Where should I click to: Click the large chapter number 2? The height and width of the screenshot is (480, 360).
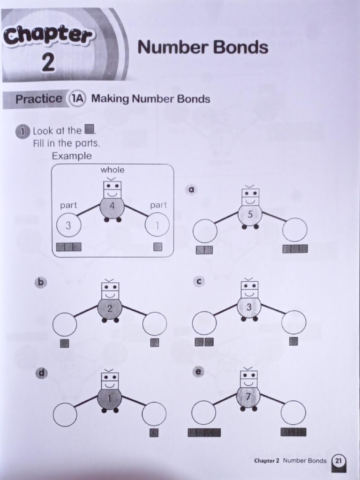pos(47,63)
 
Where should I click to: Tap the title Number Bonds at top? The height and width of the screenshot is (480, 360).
pos(202,47)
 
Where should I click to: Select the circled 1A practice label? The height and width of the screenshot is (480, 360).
pos(77,99)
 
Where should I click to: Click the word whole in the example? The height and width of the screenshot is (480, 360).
pos(112,170)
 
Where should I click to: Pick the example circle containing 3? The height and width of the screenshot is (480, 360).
pos(68,225)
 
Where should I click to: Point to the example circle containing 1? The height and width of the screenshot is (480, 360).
pos(157,225)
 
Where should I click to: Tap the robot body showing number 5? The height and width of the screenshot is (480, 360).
pos(250,215)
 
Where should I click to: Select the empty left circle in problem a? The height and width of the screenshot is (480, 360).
pos(205,231)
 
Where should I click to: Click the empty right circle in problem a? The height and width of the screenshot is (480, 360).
pos(295,230)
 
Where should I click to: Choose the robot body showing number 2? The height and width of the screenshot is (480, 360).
pos(110,308)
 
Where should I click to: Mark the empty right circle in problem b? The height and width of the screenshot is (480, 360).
pos(155,324)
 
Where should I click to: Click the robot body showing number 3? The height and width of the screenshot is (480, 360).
pos(249,307)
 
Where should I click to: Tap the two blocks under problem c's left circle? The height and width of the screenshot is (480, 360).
pos(204,342)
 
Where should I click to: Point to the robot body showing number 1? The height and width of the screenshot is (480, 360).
pos(110,398)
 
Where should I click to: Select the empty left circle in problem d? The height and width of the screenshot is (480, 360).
pos(65,414)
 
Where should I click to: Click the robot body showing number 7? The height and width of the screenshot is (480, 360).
pos(249,397)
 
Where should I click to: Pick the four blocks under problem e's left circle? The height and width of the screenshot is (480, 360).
pos(204,433)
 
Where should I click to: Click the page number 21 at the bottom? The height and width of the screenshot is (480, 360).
pos(338,461)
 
